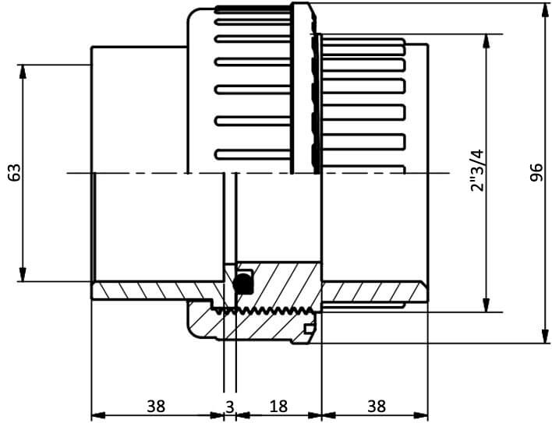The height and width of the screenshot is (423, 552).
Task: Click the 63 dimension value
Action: pos(15,172)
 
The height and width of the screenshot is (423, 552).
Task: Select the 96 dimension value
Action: pos(536,172)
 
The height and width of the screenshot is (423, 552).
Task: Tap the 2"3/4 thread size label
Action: pos(478,171)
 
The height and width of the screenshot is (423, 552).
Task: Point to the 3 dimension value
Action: pos(229,407)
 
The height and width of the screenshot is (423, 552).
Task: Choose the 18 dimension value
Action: pos(278,406)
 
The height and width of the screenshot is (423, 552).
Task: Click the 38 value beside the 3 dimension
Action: pos(156,406)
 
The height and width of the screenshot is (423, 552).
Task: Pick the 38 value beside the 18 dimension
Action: pos(377,406)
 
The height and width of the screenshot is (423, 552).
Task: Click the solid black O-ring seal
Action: pos(242,283)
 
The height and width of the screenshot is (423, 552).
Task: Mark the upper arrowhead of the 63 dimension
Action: pos(23,72)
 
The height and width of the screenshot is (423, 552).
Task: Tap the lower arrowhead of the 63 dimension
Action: pos(23,275)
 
